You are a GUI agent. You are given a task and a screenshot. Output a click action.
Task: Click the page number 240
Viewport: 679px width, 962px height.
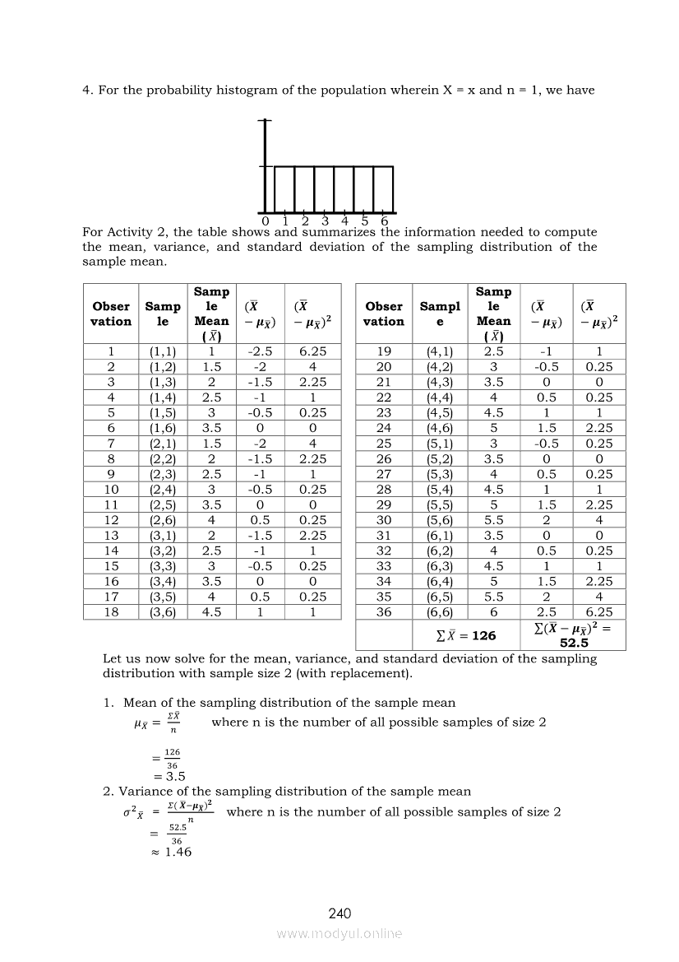coord(339,913)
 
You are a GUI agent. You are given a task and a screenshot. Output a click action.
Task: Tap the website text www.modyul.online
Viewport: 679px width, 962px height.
coord(339,934)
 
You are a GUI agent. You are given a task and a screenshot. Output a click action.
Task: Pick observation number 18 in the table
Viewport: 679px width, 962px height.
coord(110,612)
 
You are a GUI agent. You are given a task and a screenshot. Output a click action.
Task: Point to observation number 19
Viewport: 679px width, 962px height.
coord(384,351)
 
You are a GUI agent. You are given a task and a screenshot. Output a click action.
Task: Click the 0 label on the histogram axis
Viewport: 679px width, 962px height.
coord(265,221)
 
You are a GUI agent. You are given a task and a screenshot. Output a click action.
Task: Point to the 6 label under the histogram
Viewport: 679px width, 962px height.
coord(385,221)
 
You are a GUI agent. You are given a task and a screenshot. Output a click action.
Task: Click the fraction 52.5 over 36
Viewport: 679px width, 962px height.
coord(177,834)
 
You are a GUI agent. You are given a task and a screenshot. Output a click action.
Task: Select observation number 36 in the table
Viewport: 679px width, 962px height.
coord(384,612)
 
